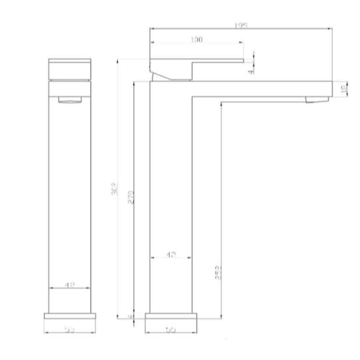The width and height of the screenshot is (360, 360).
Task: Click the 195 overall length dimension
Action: pyautogui.click(x=240, y=26)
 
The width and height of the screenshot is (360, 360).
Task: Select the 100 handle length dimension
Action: pyautogui.click(x=197, y=40)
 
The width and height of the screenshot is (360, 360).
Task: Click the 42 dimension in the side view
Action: pyautogui.click(x=171, y=255)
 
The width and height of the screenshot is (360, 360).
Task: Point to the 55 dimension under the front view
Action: pyautogui.click(x=70, y=330)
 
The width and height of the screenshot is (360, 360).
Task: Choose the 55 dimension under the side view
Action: pyautogui.click(x=171, y=330)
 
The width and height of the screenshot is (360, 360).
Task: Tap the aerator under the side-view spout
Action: pyautogui.click(x=317, y=100)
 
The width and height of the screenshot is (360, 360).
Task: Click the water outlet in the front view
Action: pyautogui.click(x=70, y=100)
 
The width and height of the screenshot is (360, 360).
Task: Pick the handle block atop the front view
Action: pyautogui.click(x=70, y=68)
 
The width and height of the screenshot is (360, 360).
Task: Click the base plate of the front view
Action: pyautogui.click(x=70, y=316)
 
